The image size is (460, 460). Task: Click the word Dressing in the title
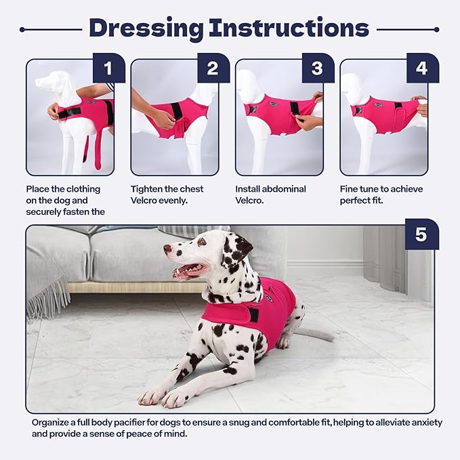click(x=146, y=28)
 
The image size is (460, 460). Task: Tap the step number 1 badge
click(x=109, y=68)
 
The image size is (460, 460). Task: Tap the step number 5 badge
click(x=421, y=234)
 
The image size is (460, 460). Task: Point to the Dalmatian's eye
click(x=201, y=242)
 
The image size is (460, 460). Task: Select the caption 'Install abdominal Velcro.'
click(x=270, y=195)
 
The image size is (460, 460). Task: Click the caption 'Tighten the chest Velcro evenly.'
click(x=167, y=195)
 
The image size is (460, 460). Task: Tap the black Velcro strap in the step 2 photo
click(x=177, y=110)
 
